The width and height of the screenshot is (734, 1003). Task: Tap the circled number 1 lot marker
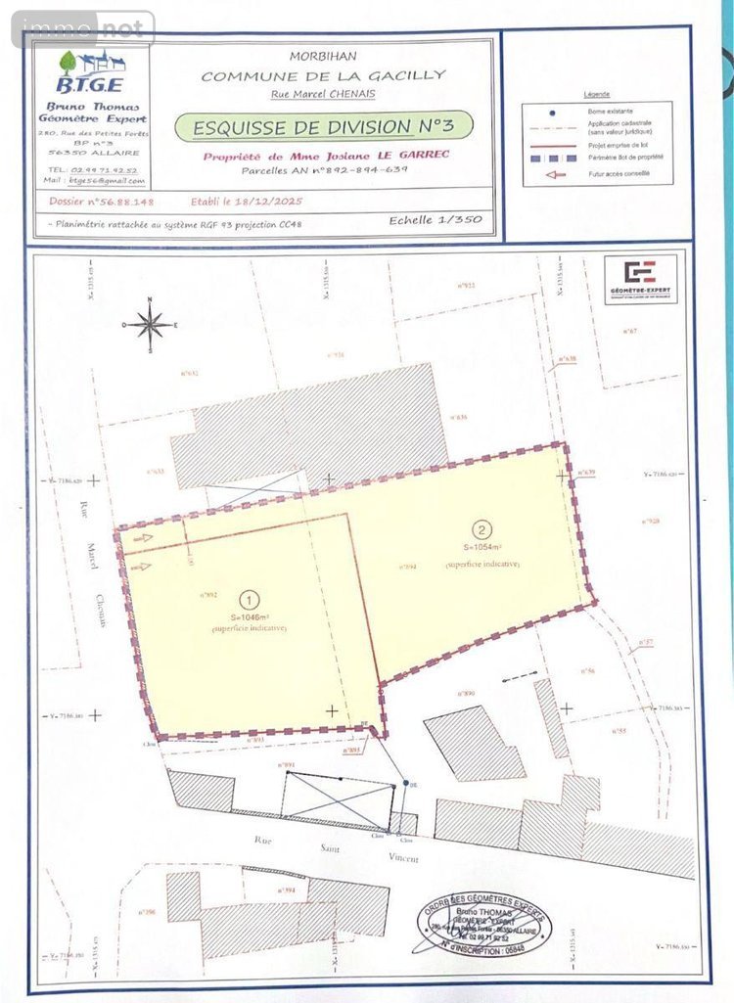pos(250,600)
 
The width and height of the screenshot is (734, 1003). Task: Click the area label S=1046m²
pos(250,617)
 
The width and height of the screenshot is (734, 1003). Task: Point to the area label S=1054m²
pos(482,548)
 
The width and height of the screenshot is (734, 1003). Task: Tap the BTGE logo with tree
pos(89,72)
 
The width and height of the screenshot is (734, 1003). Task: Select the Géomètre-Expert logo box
pos(641,279)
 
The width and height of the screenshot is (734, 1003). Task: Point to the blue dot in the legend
pos(553,112)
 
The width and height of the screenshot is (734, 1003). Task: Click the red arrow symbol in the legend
pos(554,175)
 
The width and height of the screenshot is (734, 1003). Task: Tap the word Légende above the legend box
pos(596,95)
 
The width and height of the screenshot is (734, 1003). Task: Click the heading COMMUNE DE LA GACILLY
pos(323,75)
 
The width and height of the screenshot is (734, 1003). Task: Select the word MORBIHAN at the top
pos(323,57)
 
